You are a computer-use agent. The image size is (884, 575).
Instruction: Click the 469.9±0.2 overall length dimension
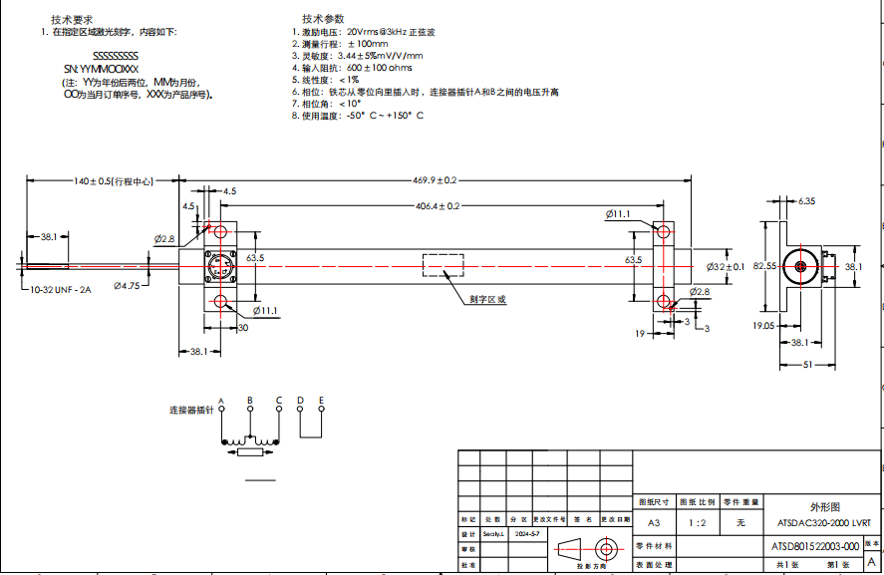[x=435, y=180]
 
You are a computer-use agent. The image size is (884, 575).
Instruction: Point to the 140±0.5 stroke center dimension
[x=113, y=181]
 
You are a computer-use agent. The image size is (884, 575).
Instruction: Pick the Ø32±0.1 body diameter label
[x=726, y=267]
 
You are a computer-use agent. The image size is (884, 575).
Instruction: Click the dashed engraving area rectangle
[x=442, y=266]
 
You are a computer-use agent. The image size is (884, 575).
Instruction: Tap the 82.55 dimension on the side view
[x=764, y=266]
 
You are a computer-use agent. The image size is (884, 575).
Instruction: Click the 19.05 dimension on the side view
[x=764, y=325]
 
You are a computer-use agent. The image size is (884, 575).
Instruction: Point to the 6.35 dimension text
[x=806, y=201]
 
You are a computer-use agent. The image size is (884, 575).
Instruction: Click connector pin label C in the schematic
[x=279, y=401]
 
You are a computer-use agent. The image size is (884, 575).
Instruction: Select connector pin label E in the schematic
[x=321, y=401]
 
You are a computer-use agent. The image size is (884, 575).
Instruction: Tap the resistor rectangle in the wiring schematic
[x=250, y=452]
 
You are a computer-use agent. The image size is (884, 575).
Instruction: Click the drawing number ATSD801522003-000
[x=815, y=546]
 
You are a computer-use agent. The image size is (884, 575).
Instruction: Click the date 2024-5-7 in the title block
[x=527, y=535]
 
